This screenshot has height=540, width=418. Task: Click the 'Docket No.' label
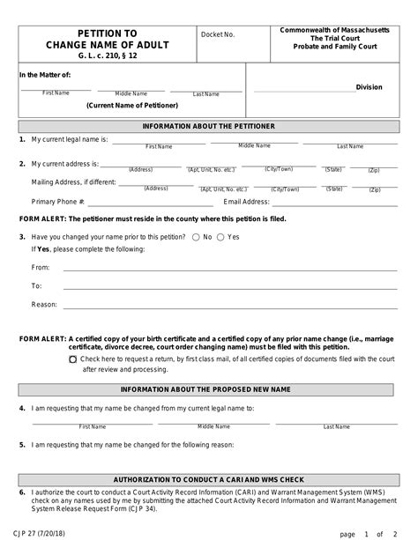tap(219, 35)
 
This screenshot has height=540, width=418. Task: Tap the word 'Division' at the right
tap(369, 87)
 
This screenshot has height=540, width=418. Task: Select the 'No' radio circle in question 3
tap(196, 237)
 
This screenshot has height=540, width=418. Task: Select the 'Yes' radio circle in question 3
tap(221, 237)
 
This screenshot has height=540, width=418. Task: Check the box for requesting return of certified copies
tap(72, 359)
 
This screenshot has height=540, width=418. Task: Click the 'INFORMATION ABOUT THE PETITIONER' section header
tap(208, 126)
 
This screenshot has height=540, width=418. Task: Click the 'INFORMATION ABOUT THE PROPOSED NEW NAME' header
tap(208, 388)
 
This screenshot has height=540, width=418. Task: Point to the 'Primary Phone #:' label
tap(58, 202)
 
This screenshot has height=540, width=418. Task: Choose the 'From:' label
tap(41, 266)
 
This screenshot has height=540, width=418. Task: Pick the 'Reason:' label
tap(44, 305)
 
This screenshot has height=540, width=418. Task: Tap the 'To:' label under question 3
tap(37, 285)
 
